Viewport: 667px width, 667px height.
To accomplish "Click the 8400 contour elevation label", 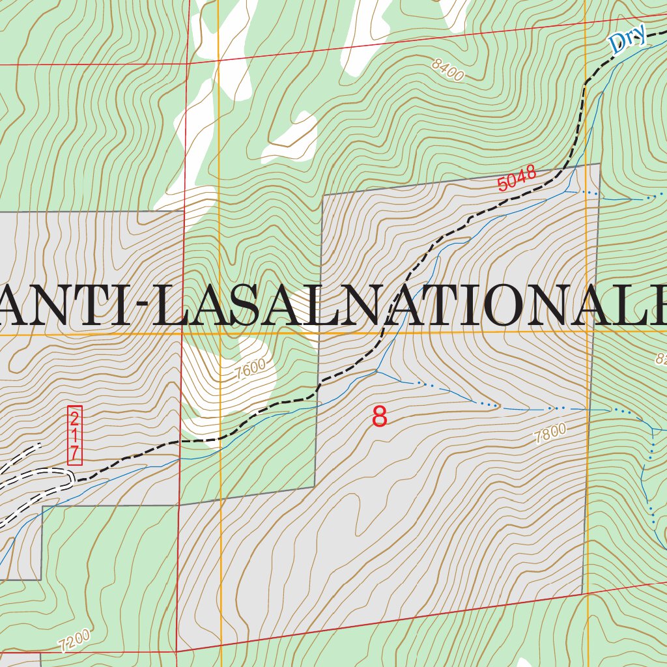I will point(447,70).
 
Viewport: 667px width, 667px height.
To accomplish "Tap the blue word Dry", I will point(627,38).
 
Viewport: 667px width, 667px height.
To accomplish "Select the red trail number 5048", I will point(517,178).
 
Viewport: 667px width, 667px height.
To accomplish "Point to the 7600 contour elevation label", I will point(251,369).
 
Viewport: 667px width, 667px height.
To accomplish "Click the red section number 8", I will point(379,416).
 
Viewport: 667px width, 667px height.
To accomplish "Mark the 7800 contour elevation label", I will point(550,433).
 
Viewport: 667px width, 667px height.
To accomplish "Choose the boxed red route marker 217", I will point(75,435).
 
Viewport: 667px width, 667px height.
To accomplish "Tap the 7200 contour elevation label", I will point(73,642).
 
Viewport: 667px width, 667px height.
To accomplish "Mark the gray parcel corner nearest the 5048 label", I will point(599,164).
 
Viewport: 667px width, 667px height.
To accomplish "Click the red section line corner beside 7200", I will point(177,651).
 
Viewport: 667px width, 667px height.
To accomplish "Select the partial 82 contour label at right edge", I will point(660,358).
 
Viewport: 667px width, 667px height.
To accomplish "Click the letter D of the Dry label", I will point(616,44).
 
